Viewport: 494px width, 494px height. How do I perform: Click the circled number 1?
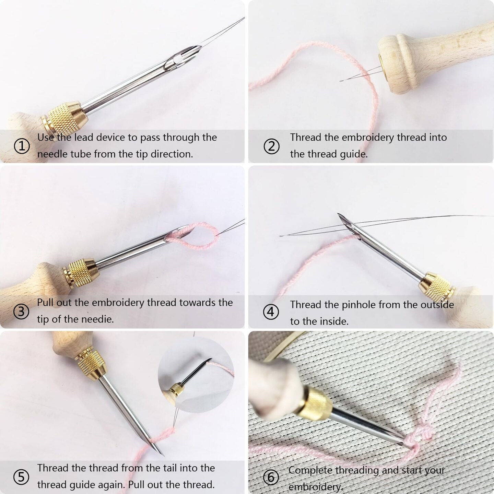[21, 146]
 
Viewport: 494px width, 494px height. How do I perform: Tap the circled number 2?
[271, 146]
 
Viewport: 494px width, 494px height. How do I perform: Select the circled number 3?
[21, 312]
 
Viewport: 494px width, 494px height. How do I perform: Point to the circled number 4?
[271, 312]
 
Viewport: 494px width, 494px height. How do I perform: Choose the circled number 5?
[21, 477]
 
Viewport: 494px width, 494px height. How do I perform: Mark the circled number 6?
[271, 477]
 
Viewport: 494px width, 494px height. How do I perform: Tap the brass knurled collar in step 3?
[80, 272]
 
